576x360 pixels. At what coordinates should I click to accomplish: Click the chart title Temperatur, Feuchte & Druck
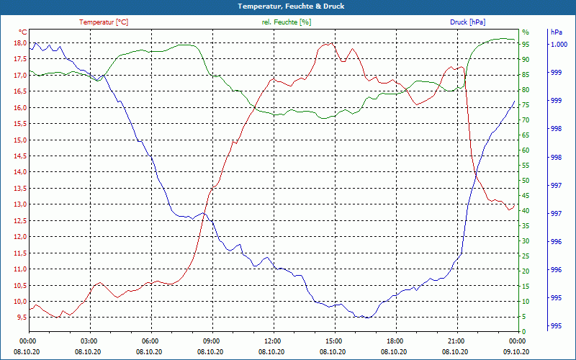click(x=292, y=6)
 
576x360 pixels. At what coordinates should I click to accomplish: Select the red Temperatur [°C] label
click(x=104, y=22)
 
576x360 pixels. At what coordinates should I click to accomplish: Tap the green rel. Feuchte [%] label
click(x=287, y=22)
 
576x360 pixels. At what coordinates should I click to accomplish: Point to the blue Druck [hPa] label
click(x=467, y=22)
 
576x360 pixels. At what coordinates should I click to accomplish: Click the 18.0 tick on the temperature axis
click(x=19, y=43)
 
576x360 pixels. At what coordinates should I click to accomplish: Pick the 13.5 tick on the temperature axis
click(x=19, y=188)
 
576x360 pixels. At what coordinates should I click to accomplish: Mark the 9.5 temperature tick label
click(x=21, y=318)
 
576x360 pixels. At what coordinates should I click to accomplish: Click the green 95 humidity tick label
click(x=526, y=44)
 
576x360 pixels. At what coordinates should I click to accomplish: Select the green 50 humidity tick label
click(x=526, y=181)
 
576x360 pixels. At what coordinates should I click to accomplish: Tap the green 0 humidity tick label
click(x=524, y=332)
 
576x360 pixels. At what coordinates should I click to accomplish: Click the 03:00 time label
click(x=89, y=341)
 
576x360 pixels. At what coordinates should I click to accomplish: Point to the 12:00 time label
click(x=272, y=341)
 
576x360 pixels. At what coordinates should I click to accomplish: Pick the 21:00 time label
click(x=456, y=341)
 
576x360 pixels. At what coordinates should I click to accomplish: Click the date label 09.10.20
click(x=516, y=352)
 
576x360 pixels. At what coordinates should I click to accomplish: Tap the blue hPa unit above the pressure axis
click(x=557, y=32)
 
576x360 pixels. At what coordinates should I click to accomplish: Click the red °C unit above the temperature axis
click(x=23, y=32)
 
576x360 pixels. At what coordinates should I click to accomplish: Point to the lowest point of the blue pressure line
click(x=366, y=318)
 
